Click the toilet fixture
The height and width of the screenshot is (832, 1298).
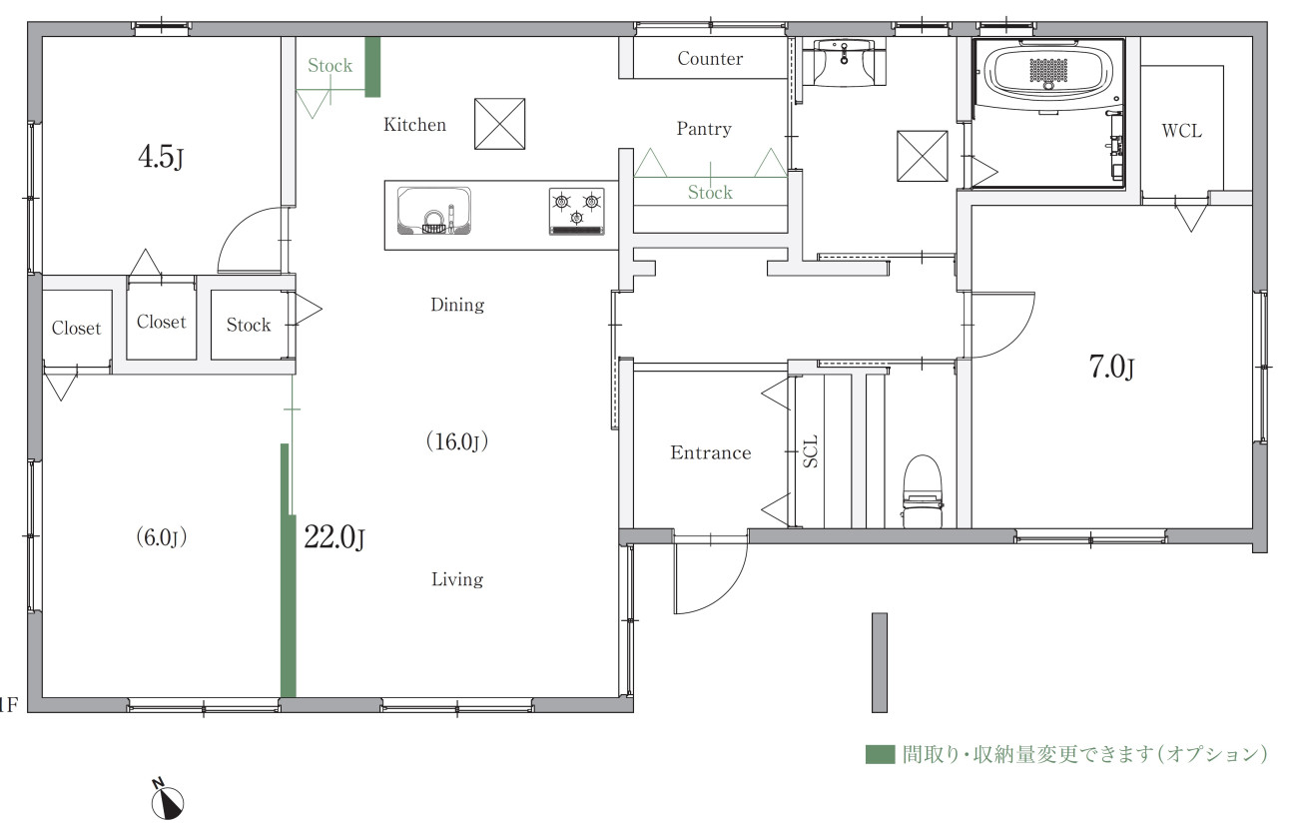pos(922,491)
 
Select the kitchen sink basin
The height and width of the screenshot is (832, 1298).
pos(433,211)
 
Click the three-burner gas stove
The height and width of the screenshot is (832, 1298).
pos(576,211)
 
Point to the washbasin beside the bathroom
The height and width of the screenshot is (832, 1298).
pos(843,62)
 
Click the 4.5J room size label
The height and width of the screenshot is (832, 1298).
pos(161,157)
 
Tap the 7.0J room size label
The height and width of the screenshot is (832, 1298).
pos(1111,367)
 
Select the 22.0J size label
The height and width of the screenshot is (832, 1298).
pos(334,537)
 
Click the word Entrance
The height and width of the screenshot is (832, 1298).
pos(711,452)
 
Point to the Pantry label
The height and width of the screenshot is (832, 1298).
pos(704,129)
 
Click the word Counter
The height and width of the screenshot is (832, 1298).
pos(710,59)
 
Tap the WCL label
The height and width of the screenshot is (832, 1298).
pos(1181,131)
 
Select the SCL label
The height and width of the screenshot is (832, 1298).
pos(811,451)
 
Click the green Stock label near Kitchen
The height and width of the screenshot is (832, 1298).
pos(329,66)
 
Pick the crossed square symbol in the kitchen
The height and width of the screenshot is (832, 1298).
pos(499,124)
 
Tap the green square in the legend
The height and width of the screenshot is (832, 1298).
pos(880,754)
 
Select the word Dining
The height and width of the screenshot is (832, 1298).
pos(457,305)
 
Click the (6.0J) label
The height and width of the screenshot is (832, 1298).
pos(161,537)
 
